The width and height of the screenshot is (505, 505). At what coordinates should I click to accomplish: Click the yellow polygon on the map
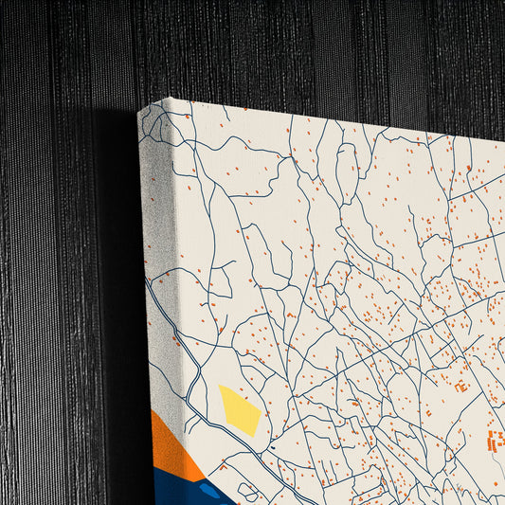(x=240, y=409)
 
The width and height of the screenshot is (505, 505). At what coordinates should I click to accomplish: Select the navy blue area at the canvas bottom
(x=180, y=488)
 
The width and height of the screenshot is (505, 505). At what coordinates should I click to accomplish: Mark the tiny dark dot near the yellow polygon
(x=271, y=446)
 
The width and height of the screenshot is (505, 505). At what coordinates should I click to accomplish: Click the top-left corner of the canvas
(x=165, y=99)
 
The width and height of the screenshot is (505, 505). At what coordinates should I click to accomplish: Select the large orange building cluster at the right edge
(x=496, y=440)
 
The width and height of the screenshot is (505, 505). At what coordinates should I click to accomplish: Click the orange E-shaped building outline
(x=461, y=386)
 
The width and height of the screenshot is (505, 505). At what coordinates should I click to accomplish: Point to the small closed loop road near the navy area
(x=248, y=491)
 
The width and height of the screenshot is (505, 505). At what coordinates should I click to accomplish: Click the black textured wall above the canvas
(x=284, y=47)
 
